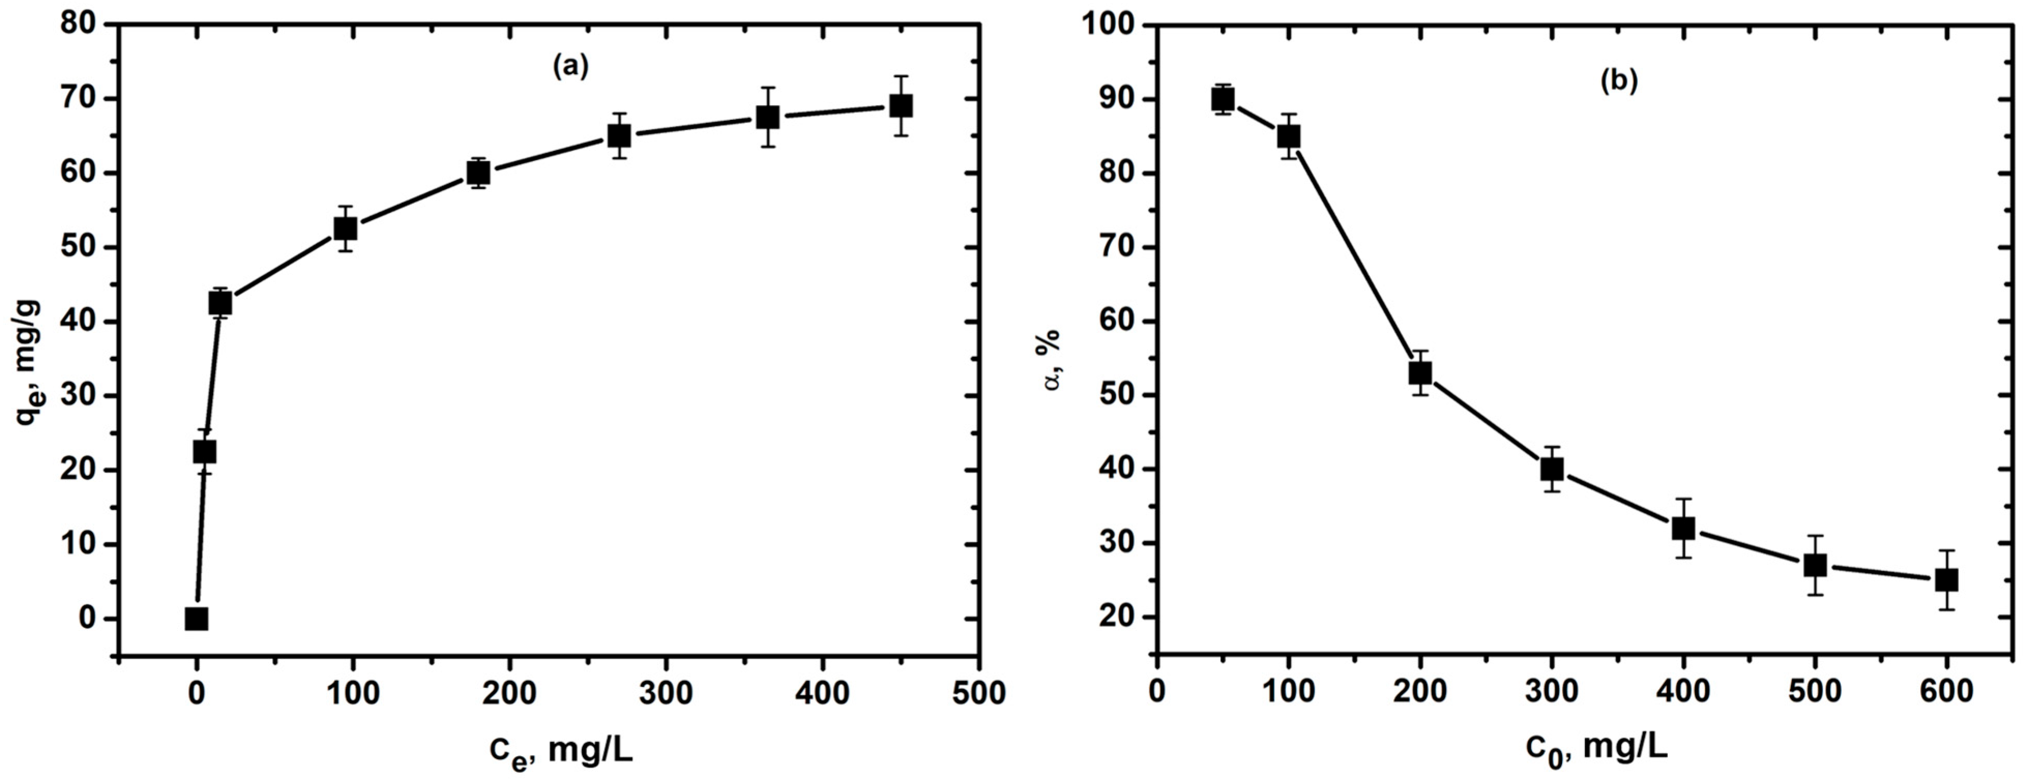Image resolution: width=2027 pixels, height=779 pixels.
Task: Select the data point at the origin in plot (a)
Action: [x=197, y=619]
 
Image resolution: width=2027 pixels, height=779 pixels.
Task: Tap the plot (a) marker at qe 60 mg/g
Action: [x=479, y=172]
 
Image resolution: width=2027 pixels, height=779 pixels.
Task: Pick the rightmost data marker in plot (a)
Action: [x=901, y=106]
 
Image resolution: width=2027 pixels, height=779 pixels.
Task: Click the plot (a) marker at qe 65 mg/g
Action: [x=619, y=136]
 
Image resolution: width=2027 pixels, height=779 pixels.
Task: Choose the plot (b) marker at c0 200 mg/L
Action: [x=1419, y=372]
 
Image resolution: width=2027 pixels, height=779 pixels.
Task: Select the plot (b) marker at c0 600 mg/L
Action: [x=1947, y=580]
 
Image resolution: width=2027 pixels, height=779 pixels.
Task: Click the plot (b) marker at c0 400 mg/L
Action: [x=1683, y=528]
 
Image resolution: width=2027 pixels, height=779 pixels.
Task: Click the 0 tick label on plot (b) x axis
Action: [x=1157, y=693]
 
